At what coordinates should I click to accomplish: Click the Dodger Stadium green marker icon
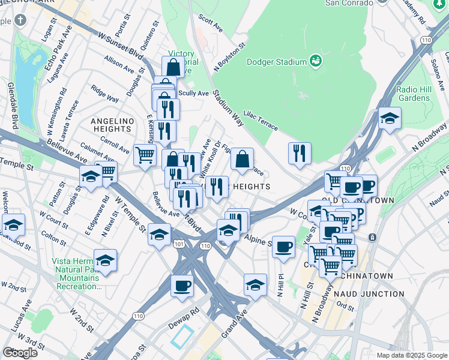[x=315, y=61]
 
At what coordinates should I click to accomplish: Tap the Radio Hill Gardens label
[x=414, y=93]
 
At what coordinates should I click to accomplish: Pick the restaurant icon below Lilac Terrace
[x=300, y=153]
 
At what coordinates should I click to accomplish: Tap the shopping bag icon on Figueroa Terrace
[x=242, y=160]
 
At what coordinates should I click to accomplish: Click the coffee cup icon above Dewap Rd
[x=182, y=286]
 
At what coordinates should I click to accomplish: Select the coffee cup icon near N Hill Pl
[x=283, y=247]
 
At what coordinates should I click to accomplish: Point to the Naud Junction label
[x=369, y=293]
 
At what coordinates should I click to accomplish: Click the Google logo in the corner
[x=20, y=352]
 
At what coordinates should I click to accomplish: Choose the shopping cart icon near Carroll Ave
[x=145, y=155]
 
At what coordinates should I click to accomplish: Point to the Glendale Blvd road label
[x=11, y=103]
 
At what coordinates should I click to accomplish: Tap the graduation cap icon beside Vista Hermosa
[x=105, y=260]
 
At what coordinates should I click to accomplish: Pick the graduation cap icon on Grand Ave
[x=255, y=284]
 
